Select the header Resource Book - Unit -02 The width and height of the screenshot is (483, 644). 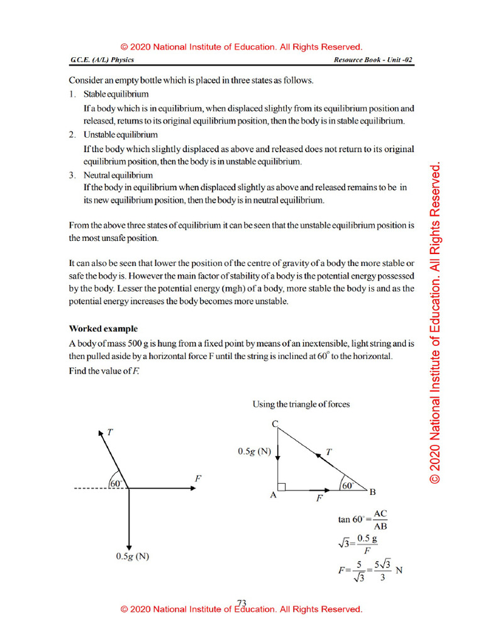(x=374, y=60)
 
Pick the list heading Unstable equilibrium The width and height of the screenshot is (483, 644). (x=121, y=135)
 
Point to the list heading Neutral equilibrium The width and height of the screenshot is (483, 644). (x=118, y=175)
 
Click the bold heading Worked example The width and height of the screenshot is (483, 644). (x=103, y=329)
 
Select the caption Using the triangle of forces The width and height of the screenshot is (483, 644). (x=301, y=404)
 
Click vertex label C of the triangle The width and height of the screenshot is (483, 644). (x=274, y=424)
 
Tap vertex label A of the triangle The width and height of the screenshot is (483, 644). (x=273, y=495)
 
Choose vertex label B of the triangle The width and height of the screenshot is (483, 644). (x=372, y=491)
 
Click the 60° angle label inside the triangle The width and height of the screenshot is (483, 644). (x=347, y=485)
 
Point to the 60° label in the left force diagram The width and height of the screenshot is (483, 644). (x=117, y=483)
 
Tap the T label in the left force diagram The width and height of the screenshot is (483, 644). (x=110, y=432)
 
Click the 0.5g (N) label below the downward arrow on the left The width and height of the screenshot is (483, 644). (x=132, y=556)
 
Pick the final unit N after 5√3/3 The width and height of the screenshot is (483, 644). (x=399, y=570)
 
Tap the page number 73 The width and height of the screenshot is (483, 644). (x=241, y=602)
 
